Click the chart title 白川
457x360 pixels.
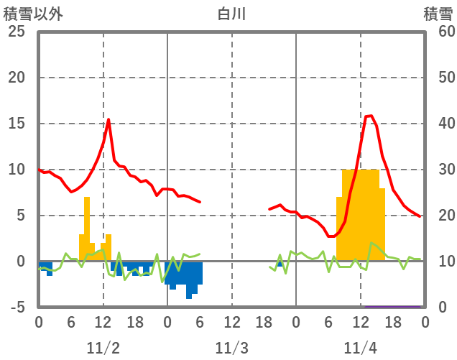[x=231, y=14]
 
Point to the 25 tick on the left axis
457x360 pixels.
[x=17, y=32]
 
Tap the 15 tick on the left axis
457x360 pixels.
[x=17, y=124]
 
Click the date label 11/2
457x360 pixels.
[x=103, y=348]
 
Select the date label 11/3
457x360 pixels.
[x=231, y=348]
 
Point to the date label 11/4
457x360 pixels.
[x=360, y=348]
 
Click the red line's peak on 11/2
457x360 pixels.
[x=109, y=119]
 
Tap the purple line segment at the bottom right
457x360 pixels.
[x=392, y=306]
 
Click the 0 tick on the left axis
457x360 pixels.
[x=20, y=262]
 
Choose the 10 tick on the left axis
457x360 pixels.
[x=17, y=170]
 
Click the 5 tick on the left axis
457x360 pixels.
[x=20, y=216]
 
